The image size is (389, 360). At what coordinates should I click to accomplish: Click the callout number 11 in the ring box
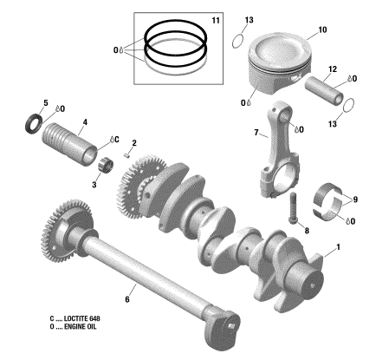point(216,21)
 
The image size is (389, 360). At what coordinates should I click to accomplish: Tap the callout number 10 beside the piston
point(322,29)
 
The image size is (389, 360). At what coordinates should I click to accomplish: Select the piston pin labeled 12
point(324,91)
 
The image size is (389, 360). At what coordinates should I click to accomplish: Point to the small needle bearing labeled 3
point(106,166)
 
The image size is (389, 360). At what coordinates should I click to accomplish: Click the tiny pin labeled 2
point(126,156)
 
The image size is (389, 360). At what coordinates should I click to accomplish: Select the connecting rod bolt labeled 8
point(293,208)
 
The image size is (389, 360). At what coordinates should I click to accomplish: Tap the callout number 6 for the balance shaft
point(127,299)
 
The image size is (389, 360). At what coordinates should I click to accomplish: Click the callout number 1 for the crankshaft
point(338,247)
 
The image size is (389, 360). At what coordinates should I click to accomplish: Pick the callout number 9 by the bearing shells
point(355,200)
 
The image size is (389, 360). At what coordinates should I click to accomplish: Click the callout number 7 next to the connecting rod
point(256,133)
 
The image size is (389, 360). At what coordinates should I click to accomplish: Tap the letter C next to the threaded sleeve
point(116,140)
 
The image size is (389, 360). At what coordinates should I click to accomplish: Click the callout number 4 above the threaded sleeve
point(85,122)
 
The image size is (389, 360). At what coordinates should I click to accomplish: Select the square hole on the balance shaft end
point(230,326)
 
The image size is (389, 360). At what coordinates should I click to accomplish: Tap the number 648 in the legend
point(94,318)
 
